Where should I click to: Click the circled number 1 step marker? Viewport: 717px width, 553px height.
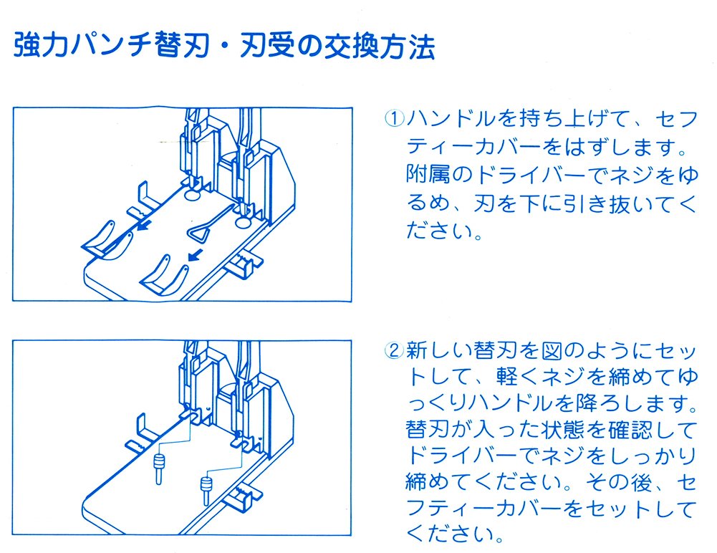tap(395, 118)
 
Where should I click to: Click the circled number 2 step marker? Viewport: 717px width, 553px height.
tap(395, 352)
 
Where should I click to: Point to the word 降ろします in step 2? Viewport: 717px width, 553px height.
tap(619, 404)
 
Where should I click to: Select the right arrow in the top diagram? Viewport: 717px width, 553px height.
tap(192, 255)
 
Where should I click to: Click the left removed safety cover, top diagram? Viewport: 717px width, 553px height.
tap(105, 242)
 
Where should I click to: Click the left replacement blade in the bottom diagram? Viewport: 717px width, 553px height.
tap(157, 465)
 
